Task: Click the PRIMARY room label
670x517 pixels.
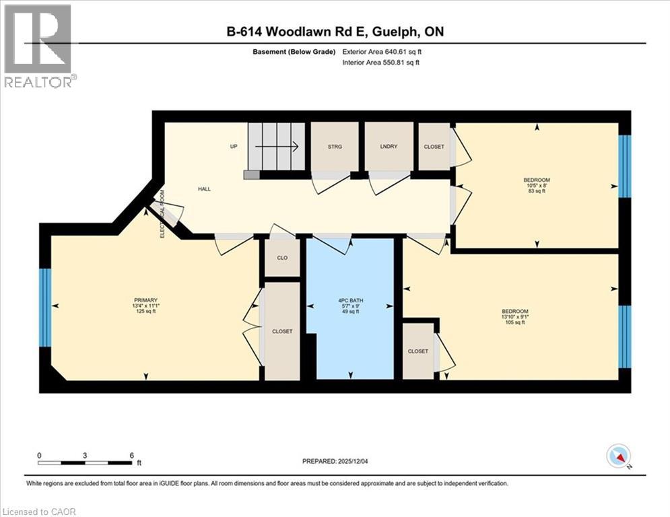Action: click(x=145, y=305)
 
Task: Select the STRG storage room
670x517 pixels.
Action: click(x=334, y=146)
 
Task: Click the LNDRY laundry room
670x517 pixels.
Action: click(x=388, y=146)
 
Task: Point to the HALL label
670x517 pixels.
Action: click(x=204, y=189)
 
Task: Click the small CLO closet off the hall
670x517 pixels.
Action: click(x=282, y=257)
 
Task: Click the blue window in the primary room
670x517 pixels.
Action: click(x=45, y=308)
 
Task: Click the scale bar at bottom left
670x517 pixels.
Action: click(x=86, y=462)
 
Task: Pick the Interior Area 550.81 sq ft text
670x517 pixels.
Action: click(x=380, y=63)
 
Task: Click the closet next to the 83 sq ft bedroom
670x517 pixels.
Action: click(x=434, y=146)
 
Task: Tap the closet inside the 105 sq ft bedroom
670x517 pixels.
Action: click(x=417, y=351)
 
